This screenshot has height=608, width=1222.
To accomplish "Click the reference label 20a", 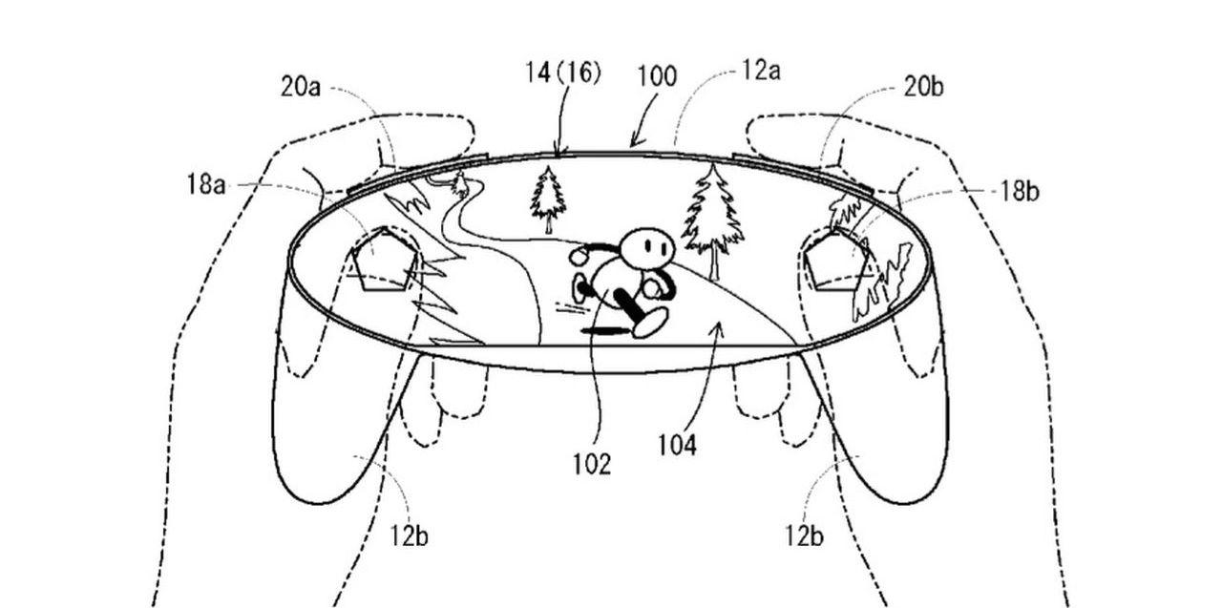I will (x=300, y=87).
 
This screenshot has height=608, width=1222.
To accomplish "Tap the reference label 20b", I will (x=923, y=87).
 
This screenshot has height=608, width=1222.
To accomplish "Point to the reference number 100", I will (x=657, y=76).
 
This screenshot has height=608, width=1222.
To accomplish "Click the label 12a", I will (x=760, y=71).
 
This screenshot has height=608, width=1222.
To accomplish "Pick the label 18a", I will (x=206, y=183).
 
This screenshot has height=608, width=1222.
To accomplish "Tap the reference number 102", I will (x=591, y=464).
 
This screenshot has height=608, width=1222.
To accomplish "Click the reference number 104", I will (x=677, y=445).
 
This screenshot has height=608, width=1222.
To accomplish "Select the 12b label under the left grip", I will (x=408, y=536).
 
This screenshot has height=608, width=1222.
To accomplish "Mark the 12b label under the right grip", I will (x=804, y=536).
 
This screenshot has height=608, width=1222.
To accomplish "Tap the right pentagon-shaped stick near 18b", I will (x=836, y=260).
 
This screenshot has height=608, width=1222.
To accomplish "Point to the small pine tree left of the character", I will (x=548, y=199).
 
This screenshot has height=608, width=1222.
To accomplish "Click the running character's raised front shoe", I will (x=650, y=323).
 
